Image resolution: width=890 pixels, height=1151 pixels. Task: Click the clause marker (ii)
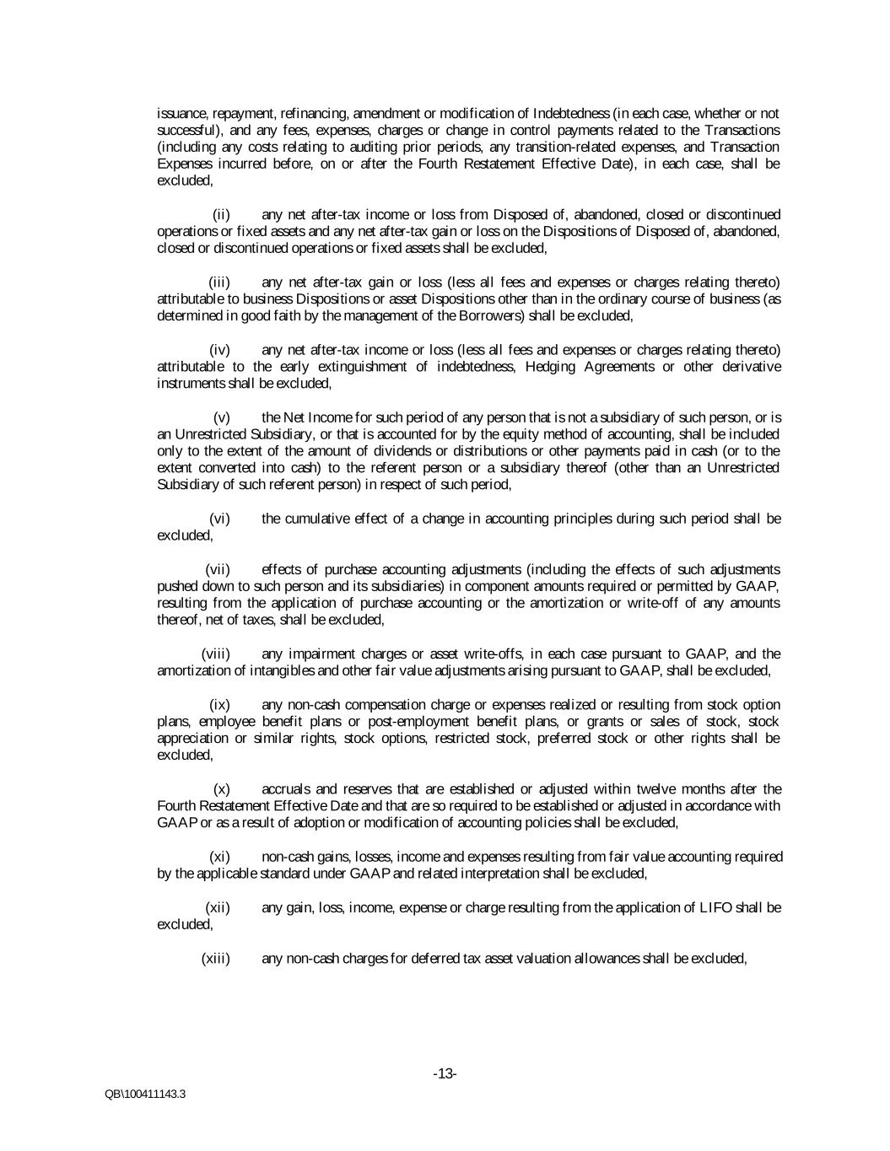pos(221,214)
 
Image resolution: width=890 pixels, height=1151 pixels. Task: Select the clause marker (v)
pos(222,417)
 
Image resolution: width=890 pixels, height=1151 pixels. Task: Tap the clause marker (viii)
pos(216,653)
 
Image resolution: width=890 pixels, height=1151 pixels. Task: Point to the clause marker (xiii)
pos(216,958)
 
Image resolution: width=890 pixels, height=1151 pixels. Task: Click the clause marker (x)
pos(222,788)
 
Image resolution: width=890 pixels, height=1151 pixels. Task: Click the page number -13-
pos(445,1073)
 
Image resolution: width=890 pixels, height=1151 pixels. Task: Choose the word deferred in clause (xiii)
pos(439,958)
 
